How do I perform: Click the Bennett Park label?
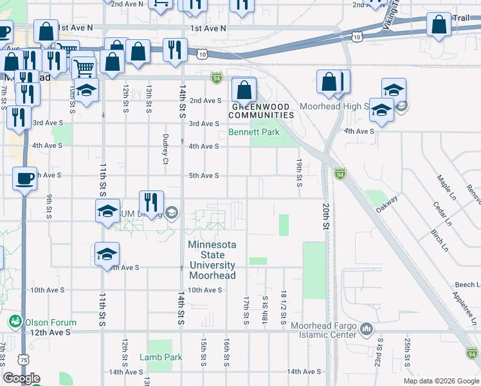coord(254,133)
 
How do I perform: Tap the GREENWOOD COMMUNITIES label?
coord(262,111)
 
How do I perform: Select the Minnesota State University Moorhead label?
coord(212,260)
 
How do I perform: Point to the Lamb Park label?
coord(161,357)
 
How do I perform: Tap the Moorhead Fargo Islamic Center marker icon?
coord(367,330)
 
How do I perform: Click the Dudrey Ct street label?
coord(165,149)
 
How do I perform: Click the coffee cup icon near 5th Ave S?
coord(25,178)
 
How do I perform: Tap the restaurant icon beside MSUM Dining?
coord(152,201)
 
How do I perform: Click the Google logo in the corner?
coord(21,378)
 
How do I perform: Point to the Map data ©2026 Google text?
coord(440,381)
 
